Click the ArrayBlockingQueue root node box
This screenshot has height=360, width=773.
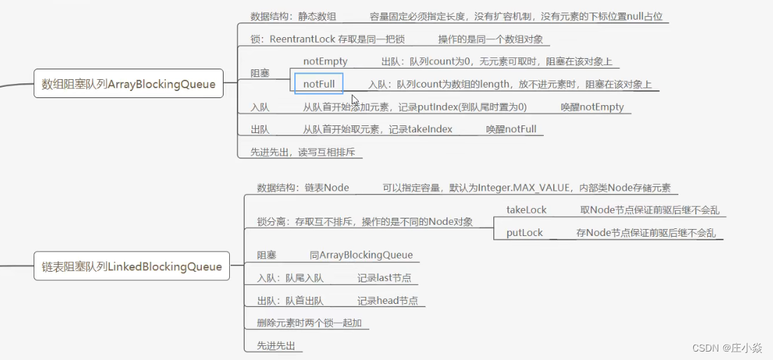coord(129,85)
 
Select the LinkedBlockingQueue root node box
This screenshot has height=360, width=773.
coord(132,266)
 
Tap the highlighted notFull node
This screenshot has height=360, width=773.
coord(319,85)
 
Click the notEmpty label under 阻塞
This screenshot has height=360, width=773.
coord(325,62)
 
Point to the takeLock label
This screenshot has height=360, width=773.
coord(526,209)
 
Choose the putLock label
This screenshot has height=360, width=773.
coord(525,233)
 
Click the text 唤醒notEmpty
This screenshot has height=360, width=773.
coord(592,107)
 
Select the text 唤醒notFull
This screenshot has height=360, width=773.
coord(511,130)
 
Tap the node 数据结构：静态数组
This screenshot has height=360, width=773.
coord(293,16)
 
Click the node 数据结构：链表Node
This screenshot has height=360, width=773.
coord(303,188)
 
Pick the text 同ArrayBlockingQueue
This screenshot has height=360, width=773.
coord(361,255)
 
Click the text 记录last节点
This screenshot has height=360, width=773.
coord(384,278)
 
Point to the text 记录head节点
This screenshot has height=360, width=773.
coord(388,300)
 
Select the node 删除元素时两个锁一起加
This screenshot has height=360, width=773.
coord(309,323)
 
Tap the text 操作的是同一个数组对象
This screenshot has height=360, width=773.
coord(491,39)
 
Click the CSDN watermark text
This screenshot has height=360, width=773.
coord(728,348)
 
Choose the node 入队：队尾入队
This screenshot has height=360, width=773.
coord(290,278)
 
